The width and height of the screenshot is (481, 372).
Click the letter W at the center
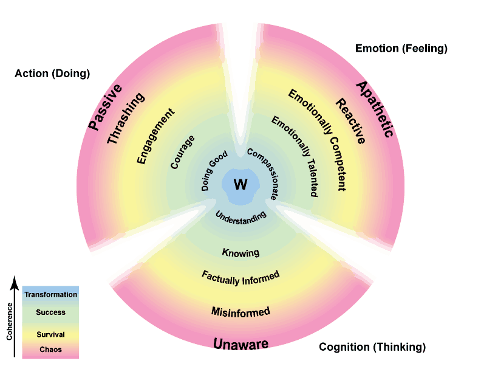[x=241, y=184]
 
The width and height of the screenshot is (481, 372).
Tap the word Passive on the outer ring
[x=98, y=111]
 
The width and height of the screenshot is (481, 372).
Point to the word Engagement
[x=155, y=136]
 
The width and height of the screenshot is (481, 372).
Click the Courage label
[x=182, y=151]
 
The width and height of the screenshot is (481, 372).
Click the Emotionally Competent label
[x=316, y=140]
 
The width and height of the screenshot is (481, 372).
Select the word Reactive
[x=351, y=121]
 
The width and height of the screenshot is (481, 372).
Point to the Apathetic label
[x=374, y=109]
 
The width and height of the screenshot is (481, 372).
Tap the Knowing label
[x=241, y=252]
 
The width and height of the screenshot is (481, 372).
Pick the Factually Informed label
[x=241, y=276]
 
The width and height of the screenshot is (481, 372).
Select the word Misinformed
[x=241, y=312]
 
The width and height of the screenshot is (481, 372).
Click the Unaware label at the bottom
[x=241, y=344]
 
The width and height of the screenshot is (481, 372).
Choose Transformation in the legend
[x=50, y=295]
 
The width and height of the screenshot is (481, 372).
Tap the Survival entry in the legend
[x=50, y=334]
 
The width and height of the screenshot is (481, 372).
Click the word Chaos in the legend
[x=50, y=350]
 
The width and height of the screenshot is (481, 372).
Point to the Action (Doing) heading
[x=52, y=74]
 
